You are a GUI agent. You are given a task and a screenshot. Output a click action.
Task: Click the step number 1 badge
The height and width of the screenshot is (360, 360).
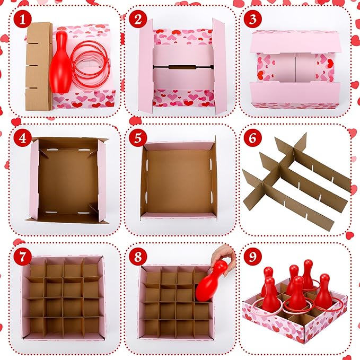point(21,20)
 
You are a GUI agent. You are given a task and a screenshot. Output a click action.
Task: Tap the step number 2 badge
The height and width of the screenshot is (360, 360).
point(138,20)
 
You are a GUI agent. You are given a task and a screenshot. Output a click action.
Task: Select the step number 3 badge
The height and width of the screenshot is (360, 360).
point(252,20)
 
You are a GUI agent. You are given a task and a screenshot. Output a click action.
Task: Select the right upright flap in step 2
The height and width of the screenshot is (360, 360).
point(219,66)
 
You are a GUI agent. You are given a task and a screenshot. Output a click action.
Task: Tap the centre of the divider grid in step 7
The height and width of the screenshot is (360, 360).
point(63,297)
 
